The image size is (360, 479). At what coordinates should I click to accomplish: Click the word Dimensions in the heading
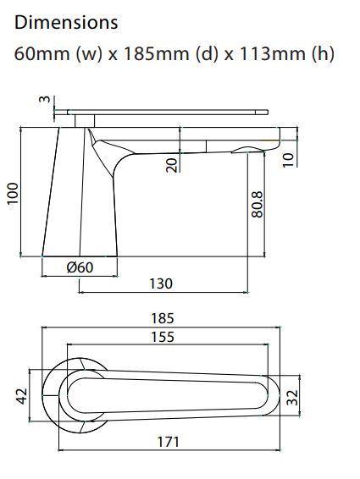(x=66, y=22)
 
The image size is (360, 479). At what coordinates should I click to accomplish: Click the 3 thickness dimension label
(x=45, y=100)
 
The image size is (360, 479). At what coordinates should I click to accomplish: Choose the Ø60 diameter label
(x=80, y=268)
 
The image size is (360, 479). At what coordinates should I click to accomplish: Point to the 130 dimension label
(x=161, y=284)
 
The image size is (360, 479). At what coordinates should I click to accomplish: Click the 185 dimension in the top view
(x=162, y=318)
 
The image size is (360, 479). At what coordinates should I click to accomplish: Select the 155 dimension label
(x=161, y=337)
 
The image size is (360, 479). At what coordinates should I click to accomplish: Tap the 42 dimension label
(x=23, y=394)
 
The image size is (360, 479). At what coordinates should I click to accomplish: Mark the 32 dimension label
(x=292, y=397)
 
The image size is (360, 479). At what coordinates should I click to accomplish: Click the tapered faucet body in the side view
(x=80, y=203)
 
